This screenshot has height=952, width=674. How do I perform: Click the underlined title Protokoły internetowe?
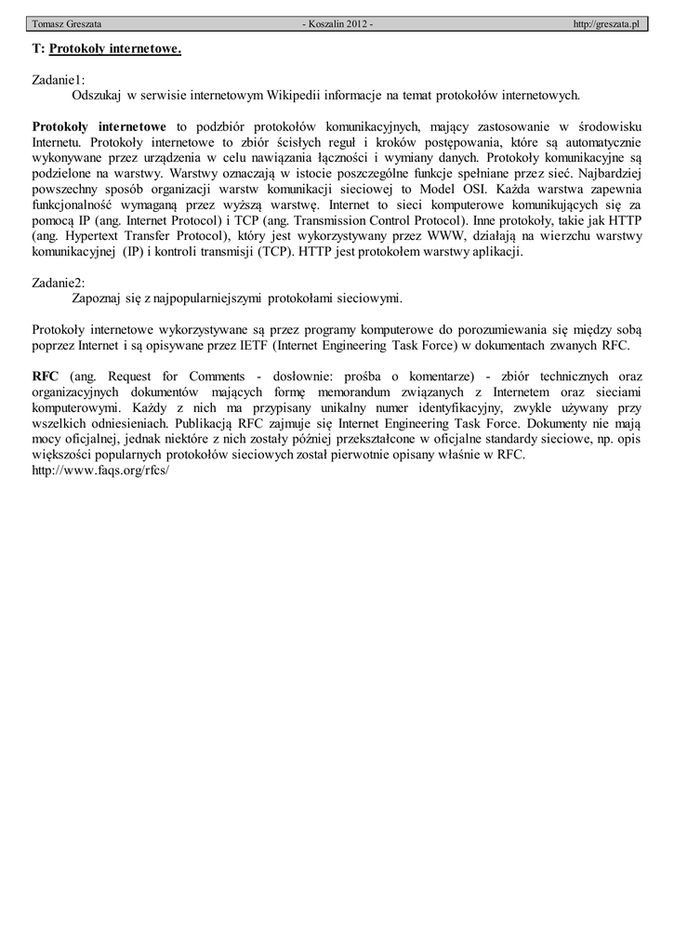tap(115, 47)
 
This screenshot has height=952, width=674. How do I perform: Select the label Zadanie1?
tap(59, 80)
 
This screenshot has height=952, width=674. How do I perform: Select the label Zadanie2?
tap(59, 283)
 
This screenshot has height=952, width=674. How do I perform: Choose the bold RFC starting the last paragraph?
tap(46, 377)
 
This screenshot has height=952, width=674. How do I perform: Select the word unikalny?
tap(363, 408)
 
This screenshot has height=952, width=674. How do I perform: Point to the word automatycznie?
tap(600, 142)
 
